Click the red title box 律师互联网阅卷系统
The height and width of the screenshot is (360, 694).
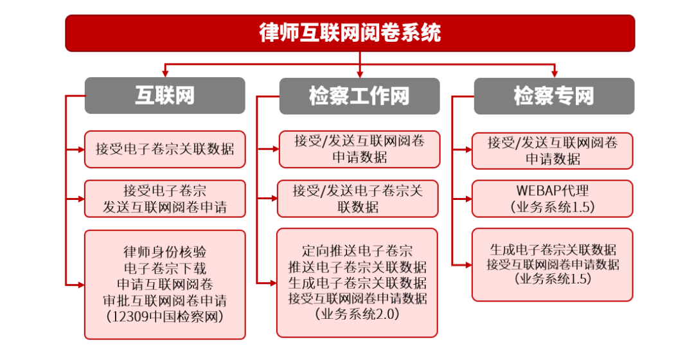350,33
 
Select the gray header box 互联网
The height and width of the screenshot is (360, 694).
165,96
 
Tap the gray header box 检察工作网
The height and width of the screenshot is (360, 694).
359,96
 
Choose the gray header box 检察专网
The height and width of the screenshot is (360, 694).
553,96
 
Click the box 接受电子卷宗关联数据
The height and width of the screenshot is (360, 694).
165,149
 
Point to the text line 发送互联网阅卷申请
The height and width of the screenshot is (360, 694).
165,207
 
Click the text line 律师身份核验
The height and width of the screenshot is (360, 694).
165,251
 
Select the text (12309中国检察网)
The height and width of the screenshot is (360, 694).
165,317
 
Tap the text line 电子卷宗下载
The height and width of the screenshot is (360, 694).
165,267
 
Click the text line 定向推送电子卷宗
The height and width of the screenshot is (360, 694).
357,251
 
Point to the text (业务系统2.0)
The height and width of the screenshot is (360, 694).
357,314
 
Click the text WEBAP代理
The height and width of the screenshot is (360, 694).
553,191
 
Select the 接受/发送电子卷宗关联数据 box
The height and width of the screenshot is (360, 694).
357,199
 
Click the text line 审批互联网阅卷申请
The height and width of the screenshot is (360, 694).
165,300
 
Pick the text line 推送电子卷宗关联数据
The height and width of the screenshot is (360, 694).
357,267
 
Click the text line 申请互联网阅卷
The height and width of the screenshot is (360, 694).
165,283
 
